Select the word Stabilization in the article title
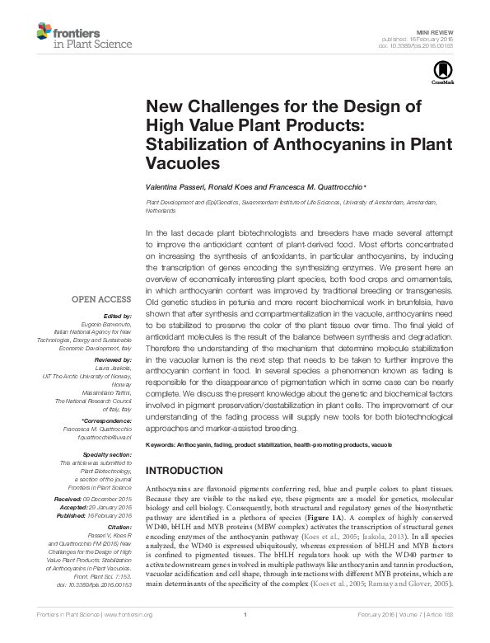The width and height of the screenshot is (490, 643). click(x=194, y=143)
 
